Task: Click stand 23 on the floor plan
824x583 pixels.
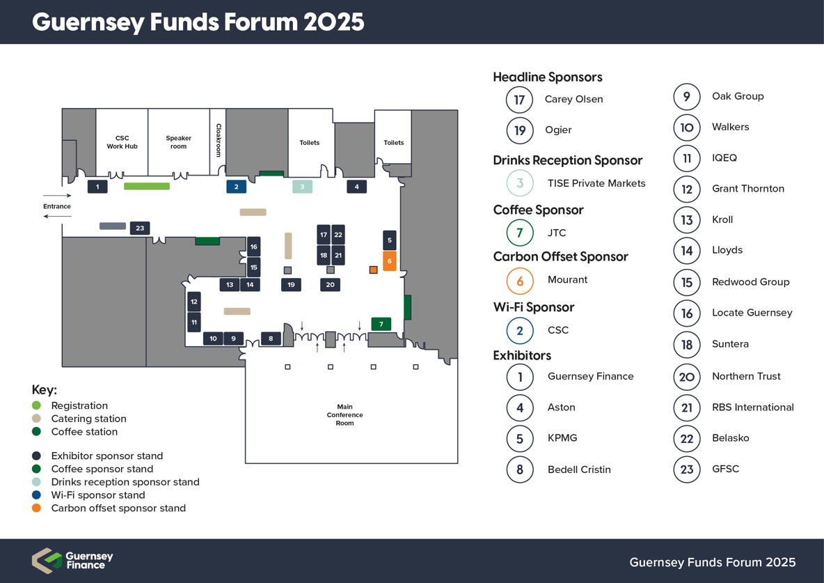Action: pos(140,228)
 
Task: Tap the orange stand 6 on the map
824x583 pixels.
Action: pos(390,261)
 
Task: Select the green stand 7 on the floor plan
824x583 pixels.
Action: pos(381,324)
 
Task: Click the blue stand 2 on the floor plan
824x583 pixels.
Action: pos(237,186)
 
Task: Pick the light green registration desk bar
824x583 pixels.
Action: pos(147,186)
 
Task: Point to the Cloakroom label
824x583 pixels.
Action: pos(219,140)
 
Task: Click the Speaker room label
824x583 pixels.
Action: pos(179,142)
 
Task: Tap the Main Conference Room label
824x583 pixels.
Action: pos(344,414)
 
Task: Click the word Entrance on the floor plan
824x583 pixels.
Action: pos(57,206)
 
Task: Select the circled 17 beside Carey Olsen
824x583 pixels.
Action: pos(519,100)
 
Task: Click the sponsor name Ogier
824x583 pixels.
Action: pos(558,130)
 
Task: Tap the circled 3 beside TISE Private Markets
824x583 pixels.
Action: pos(520,182)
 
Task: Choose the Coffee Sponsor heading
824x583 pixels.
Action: pos(538,210)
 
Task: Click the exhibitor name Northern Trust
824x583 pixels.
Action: pos(746,376)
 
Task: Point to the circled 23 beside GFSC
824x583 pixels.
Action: pos(687,469)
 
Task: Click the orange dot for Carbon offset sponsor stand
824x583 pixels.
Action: pos(36,508)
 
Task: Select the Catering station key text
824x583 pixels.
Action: pos(89,419)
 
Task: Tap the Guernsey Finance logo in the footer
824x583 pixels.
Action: pos(72,561)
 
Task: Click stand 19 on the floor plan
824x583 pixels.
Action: pos(291,285)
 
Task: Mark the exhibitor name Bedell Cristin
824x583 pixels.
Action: pos(579,469)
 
